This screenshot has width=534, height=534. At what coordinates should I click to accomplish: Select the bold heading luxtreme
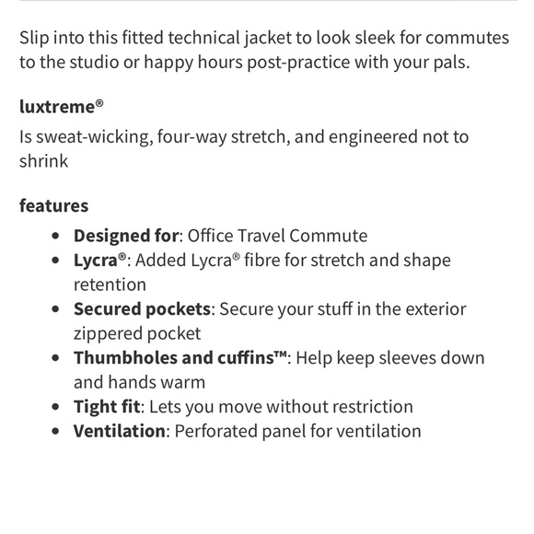coord(56,106)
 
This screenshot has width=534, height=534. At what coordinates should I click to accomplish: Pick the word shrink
coord(45,161)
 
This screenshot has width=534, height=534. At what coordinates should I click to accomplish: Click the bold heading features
coord(53,205)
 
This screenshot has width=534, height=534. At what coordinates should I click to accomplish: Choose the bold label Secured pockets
coord(143,309)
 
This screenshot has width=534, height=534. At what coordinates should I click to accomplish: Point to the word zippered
coord(108,333)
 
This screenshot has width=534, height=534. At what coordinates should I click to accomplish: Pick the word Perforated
coord(218,431)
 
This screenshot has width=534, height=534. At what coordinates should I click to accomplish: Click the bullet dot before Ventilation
coord(58,432)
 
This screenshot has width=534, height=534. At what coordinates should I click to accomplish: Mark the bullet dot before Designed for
coord(58,237)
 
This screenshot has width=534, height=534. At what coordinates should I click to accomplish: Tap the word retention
coord(110,284)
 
